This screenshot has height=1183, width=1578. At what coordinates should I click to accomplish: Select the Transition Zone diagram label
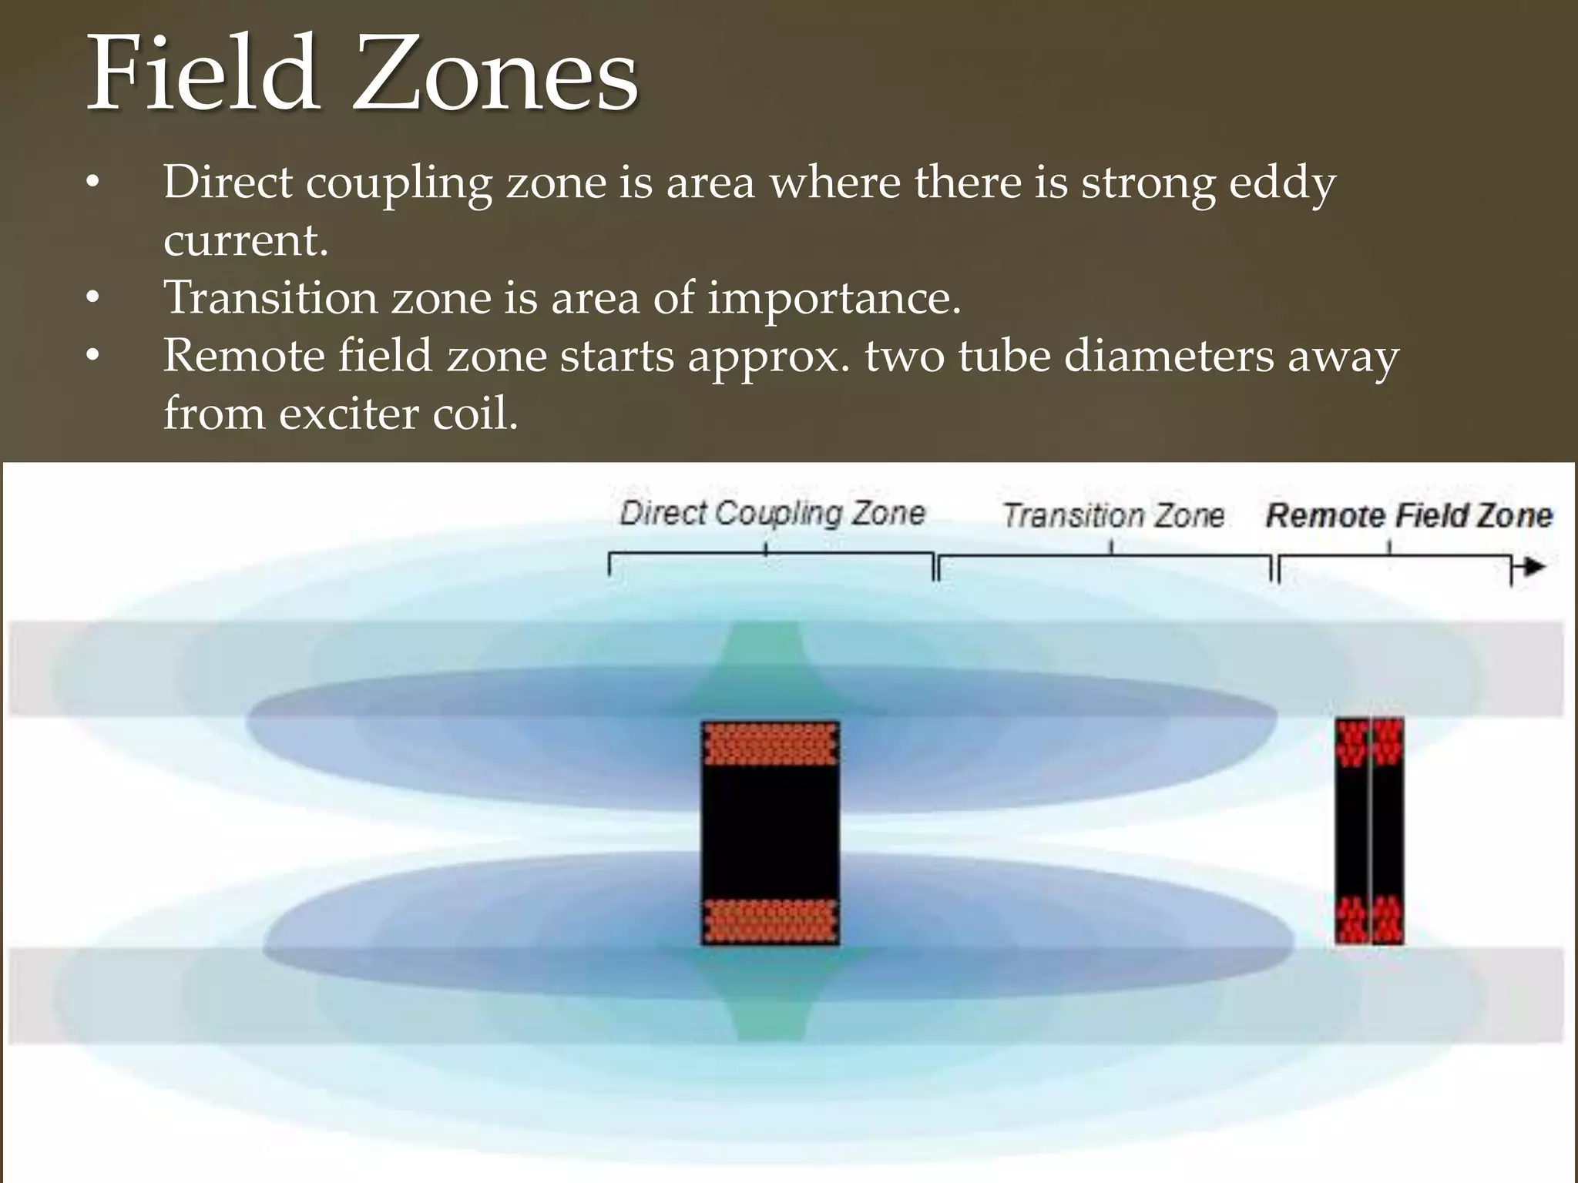pyautogui.click(x=1113, y=515)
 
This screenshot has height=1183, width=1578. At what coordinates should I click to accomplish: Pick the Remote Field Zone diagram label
pyautogui.click(x=1408, y=515)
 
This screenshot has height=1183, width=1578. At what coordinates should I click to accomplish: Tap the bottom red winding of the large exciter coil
pyautogui.click(x=771, y=921)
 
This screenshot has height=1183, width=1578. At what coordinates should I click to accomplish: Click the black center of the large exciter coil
pyautogui.click(x=771, y=832)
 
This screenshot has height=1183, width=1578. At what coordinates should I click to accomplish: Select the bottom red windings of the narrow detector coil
pyautogui.click(x=1369, y=920)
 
